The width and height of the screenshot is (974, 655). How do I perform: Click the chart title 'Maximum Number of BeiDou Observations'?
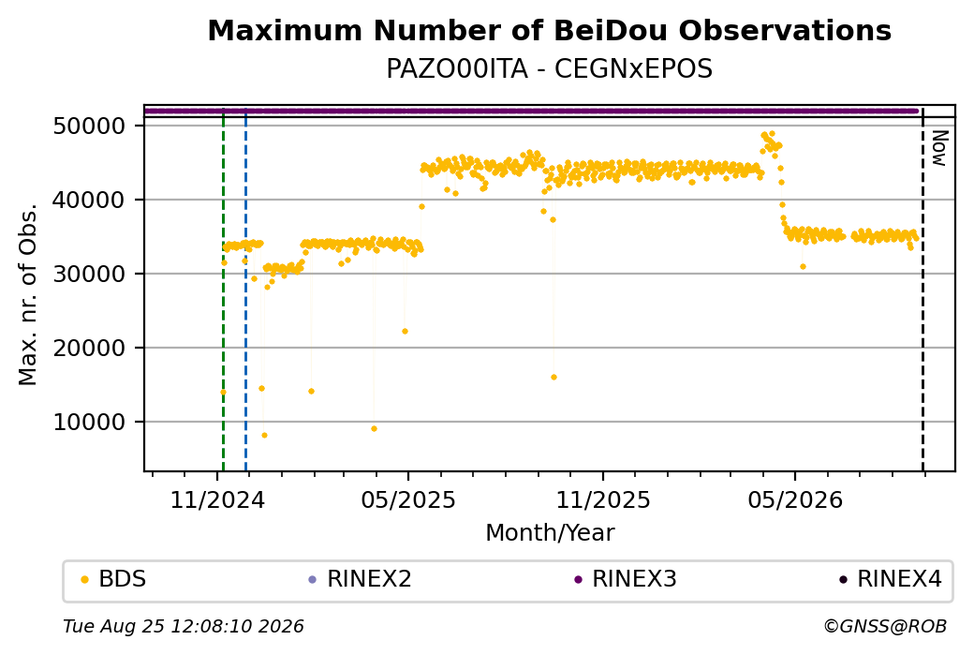click(549, 30)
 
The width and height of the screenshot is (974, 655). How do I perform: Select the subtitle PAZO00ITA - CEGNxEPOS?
click(549, 68)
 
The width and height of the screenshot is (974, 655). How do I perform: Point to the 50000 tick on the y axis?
click(90, 127)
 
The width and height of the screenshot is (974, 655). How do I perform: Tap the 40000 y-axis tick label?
click(90, 201)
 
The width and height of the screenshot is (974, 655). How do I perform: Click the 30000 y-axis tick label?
click(90, 274)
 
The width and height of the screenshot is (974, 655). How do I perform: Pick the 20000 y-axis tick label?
click(90, 348)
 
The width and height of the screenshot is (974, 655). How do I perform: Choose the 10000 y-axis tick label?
click(90, 422)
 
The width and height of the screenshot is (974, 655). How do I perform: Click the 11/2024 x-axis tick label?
click(217, 499)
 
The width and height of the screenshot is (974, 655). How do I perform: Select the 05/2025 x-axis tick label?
click(408, 499)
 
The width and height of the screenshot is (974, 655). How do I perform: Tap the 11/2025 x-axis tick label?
click(602, 499)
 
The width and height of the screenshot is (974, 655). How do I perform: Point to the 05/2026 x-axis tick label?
click(795, 499)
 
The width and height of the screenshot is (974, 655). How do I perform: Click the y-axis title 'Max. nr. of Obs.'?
click(28, 294)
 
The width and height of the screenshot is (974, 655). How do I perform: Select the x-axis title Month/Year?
click(550, 532)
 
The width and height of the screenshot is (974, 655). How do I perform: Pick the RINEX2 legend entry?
click(360, 579)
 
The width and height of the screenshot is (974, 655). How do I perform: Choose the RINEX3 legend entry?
click(625, 579)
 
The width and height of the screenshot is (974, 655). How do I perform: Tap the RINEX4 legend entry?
click(890, 579)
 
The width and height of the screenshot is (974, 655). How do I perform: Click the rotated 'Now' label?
click(939, 148)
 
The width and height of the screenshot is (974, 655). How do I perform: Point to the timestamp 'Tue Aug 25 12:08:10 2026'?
click(184, 626)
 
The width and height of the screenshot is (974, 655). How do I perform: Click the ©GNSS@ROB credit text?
click(885, 626)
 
